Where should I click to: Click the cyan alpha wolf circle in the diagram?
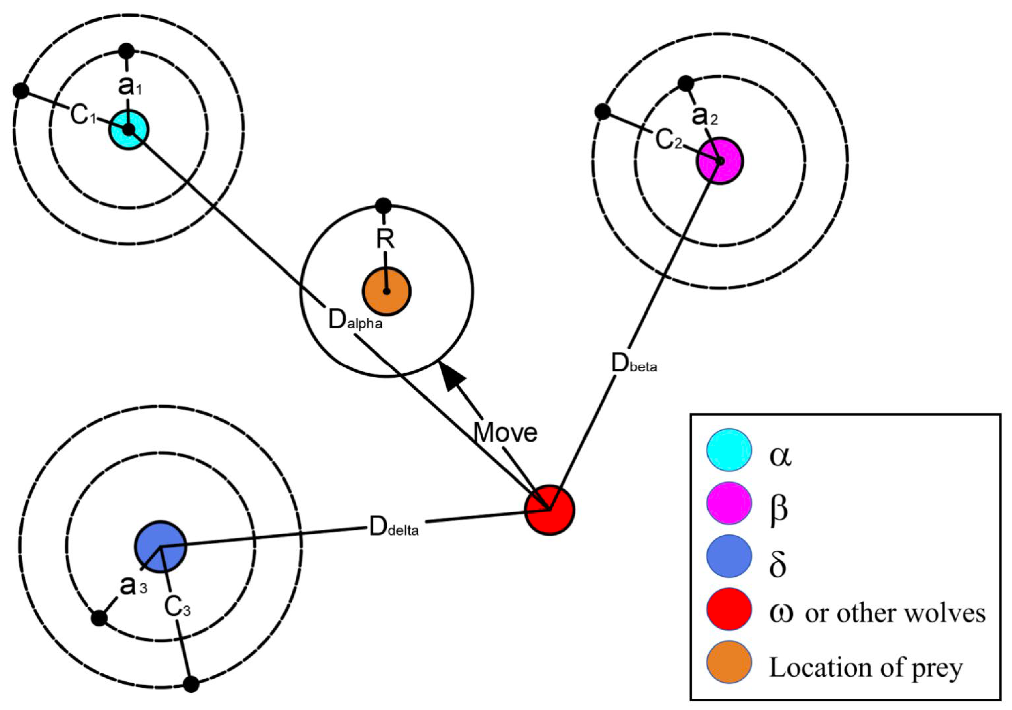129,130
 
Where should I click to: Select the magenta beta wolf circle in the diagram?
720,161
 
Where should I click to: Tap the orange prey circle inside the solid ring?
387,291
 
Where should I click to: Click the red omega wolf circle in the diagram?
550,510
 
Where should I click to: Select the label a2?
704,116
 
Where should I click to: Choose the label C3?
177,607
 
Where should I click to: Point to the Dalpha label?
355,321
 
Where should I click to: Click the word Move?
505,433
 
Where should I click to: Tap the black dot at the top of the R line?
383,205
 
